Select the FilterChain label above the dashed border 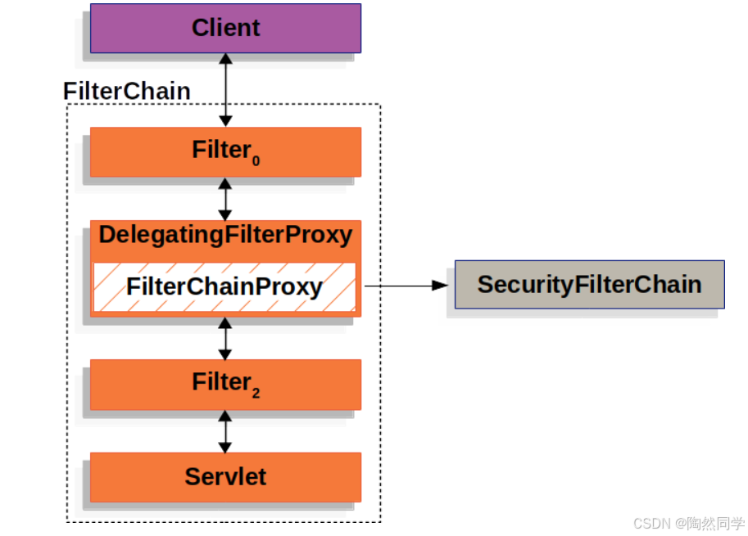[127, 91]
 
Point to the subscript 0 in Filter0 [256, 161]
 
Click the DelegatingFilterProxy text [225, 236]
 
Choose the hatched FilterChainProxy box [224, 287]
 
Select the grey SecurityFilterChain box [589, 284]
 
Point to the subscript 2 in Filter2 [256, 394]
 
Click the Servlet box [225, 476]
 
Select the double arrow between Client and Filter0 [225, 90]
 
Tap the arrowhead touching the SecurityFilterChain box [442, 286]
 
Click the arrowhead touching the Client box [225, 61]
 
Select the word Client [225, 28]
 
